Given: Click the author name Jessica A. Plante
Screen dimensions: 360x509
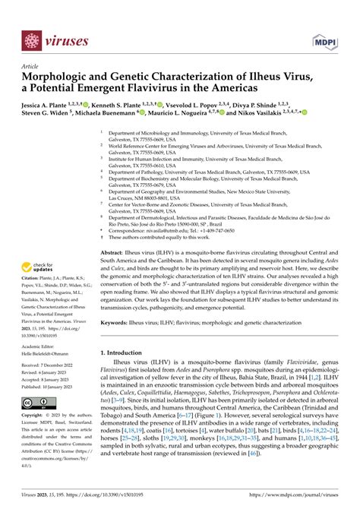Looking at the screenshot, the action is tap(49, 103).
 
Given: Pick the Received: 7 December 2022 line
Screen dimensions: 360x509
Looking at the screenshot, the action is tap(53, 365).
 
